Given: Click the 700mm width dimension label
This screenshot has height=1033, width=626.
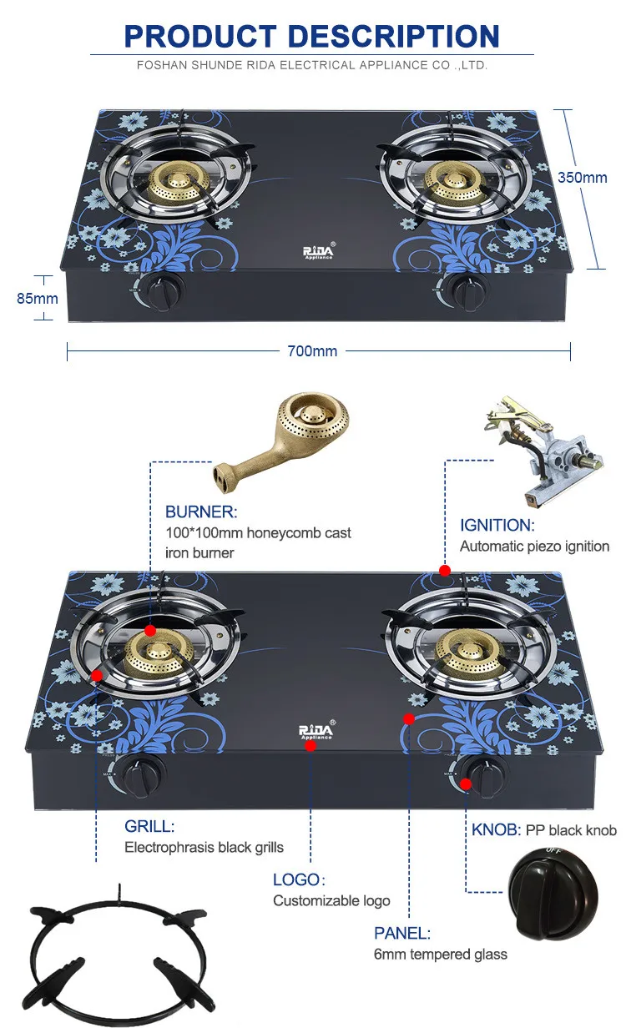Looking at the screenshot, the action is [x=312, y=351].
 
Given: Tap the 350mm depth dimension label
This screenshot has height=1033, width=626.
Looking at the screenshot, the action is [x=583, y=177].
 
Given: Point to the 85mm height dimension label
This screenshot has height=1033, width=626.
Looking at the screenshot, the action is [x=38, y=298].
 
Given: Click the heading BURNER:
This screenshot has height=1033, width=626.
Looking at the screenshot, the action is [x=201, y=511].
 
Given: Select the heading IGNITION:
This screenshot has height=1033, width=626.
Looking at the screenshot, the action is [x=496, y=525].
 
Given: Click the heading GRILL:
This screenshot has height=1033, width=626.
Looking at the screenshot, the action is [x=149, y=826].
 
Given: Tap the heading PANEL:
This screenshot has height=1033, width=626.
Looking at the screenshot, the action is [x=401, y=933].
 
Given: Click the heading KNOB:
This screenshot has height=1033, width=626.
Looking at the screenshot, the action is [x=496, y=829].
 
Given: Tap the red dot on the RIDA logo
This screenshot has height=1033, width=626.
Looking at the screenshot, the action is [x=310, y=746].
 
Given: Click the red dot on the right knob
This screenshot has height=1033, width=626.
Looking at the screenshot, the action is [x=466, y=784].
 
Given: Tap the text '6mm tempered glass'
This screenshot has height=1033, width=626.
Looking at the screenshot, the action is [x=440, y=954].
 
